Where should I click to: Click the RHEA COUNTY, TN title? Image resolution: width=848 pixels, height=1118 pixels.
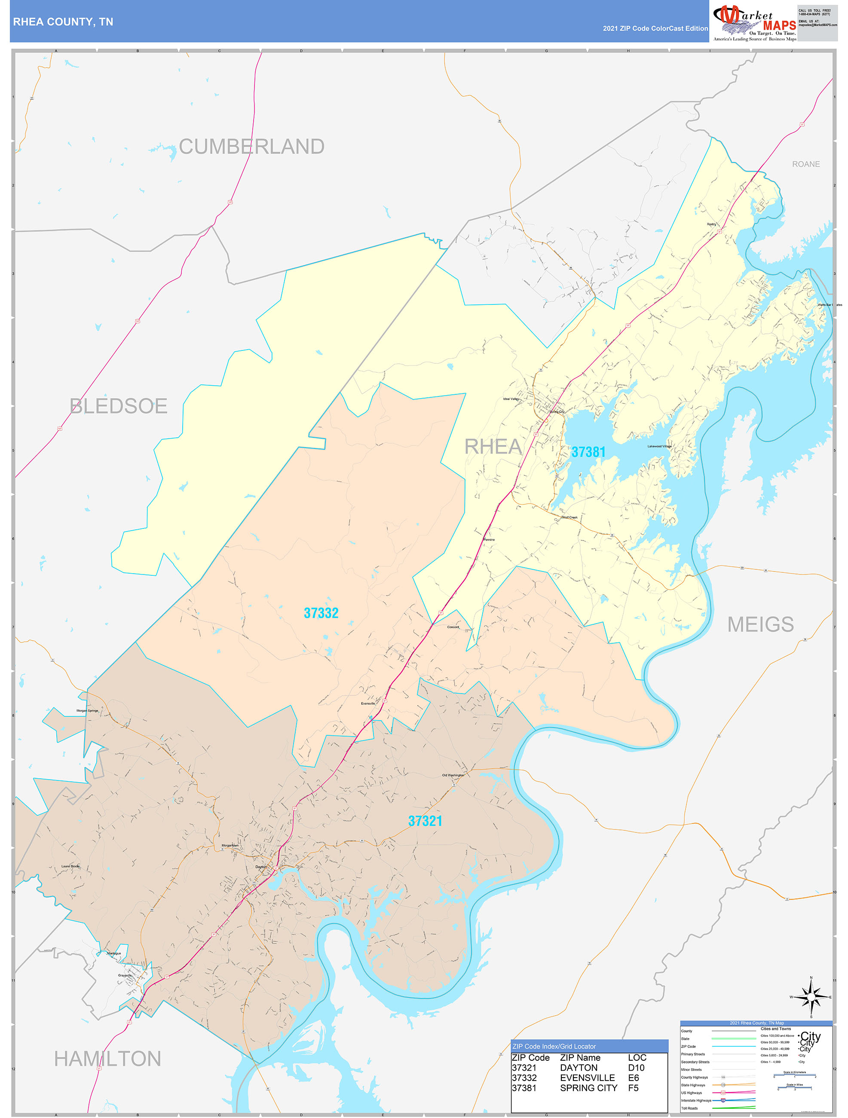point(63,22)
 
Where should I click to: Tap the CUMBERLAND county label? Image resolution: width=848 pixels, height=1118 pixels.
point(251,147)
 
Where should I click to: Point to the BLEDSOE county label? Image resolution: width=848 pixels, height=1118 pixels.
point(119,406)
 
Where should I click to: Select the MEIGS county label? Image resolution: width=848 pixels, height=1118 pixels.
point(760,625)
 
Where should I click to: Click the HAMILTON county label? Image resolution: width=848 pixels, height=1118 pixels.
point(107,1059)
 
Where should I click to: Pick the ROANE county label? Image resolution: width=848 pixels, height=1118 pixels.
point(805,164)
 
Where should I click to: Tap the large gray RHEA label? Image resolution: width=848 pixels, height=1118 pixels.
point(493,447)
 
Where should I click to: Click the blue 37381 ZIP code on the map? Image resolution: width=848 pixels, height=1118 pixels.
point(588,452)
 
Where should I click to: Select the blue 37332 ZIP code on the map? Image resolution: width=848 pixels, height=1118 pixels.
point(321,613)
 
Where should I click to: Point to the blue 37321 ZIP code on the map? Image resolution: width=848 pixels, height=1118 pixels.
point(425,821)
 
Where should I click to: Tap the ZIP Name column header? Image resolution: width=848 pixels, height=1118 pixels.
point(580,1058)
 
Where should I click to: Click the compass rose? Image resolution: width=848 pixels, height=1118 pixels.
point(811,997)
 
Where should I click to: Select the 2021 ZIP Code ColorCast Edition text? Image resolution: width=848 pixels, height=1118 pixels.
point(655,29)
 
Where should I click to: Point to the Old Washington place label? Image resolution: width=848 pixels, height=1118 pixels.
point(453,775)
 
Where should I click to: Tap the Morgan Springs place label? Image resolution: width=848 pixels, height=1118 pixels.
point(87,711)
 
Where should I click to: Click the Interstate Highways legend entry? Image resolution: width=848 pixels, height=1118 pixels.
point(696,1100)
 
